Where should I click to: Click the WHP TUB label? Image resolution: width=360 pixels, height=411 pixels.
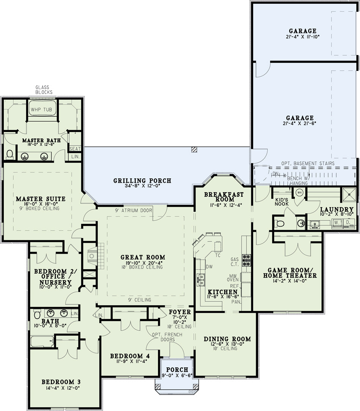click(41, 110)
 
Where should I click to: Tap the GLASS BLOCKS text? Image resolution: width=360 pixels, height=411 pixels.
click(44, 89)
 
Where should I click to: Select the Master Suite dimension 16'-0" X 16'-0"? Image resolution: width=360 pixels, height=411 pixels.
click(41, 204)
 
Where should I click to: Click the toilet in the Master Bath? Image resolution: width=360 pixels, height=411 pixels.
click(10, 154)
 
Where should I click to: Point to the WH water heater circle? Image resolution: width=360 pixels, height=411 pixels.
click(299, 193)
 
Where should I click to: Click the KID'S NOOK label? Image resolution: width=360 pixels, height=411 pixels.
click(282, 202)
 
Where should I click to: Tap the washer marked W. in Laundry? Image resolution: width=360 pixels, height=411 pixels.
click(336, 223)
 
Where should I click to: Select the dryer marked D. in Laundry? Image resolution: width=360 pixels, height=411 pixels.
click(348, 223)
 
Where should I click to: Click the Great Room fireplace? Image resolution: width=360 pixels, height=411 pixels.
click(92, 256)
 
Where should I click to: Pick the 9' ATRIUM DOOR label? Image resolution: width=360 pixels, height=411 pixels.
click(133, 210)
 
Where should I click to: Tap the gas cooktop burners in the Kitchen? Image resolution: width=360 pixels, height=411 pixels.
click(246, 260)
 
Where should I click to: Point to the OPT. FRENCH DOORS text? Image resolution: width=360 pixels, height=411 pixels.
click(167, 337)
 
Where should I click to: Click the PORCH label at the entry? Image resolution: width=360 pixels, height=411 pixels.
click(177, 370)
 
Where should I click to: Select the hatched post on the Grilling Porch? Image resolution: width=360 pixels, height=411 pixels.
click(194, 149)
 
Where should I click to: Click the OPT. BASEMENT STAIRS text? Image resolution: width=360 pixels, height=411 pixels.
click(308, 163)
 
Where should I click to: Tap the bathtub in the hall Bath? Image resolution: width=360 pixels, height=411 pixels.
click(42, 342)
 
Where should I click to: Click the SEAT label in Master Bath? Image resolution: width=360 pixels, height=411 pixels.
click(75, 149)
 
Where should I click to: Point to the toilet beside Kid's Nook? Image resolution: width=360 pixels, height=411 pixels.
click(280, 224)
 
